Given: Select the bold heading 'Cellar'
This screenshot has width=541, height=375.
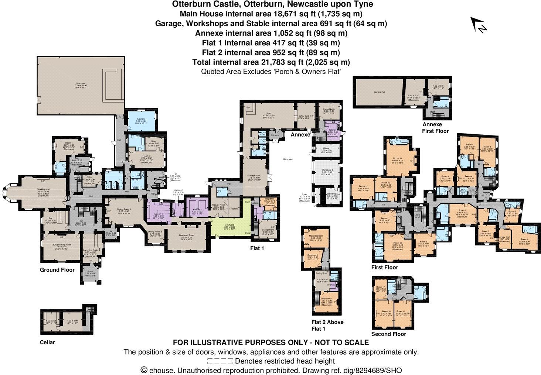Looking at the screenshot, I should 47,342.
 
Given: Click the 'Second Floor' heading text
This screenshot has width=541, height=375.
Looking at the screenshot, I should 389,334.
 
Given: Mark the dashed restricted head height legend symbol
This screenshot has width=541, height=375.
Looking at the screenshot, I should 220,361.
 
